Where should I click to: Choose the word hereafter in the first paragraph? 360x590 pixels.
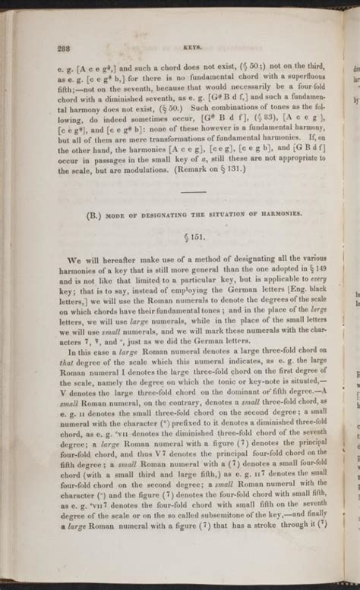click(108, 259)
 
